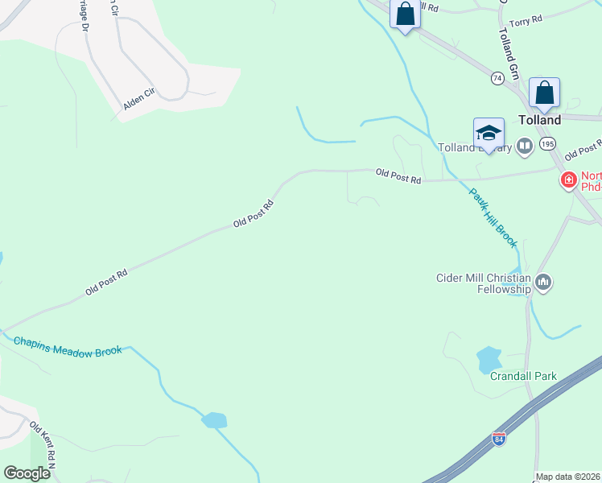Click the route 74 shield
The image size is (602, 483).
(x=497, y=78)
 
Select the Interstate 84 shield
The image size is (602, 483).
(x=499, y=440)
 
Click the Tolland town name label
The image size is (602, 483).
(x=539, y=119)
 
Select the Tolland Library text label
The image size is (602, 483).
(x=475, y=147)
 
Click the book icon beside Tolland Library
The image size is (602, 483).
(x=525, y=146)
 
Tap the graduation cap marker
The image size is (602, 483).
(x=489, y=132)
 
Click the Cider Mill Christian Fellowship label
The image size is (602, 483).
(x=483, y=283)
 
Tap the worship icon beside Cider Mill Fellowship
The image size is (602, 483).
(x=544, y=282)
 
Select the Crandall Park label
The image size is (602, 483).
(x=523, y=376)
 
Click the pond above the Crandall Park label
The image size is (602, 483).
(x=489, y=358)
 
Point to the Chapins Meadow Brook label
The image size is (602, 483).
(x=68, y=345)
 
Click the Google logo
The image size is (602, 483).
(x=27, y=473)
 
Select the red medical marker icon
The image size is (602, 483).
(x=568, y=179)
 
